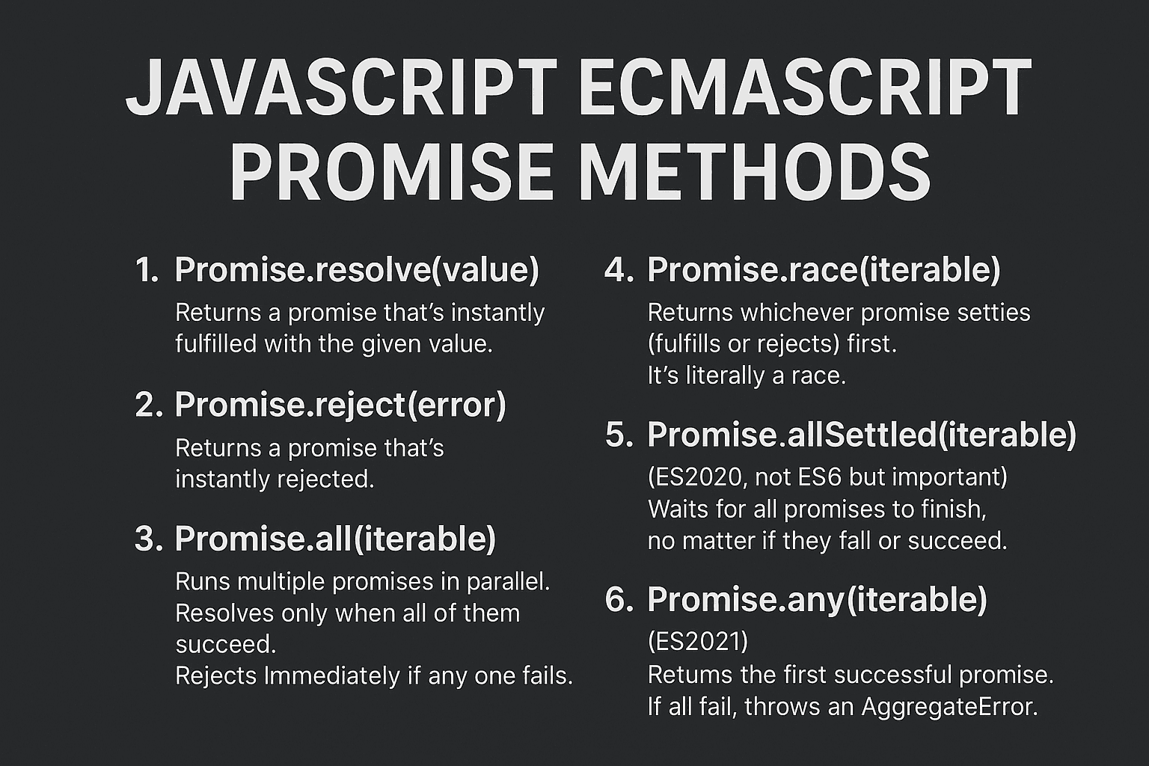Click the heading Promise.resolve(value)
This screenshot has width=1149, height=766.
point(356,270)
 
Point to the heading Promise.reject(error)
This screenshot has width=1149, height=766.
point(340,405)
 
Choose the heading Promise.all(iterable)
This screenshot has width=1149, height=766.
point(335,539)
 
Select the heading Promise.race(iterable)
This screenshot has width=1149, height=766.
point(824,270)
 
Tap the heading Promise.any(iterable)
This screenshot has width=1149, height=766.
point(817,599)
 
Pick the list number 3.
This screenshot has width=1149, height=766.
point(148,539)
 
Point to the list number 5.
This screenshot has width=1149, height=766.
point(619,435)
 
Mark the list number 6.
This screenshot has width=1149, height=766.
point(619,600)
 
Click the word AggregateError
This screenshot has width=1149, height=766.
point(949,706)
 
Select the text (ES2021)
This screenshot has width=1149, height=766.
point(698,642)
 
